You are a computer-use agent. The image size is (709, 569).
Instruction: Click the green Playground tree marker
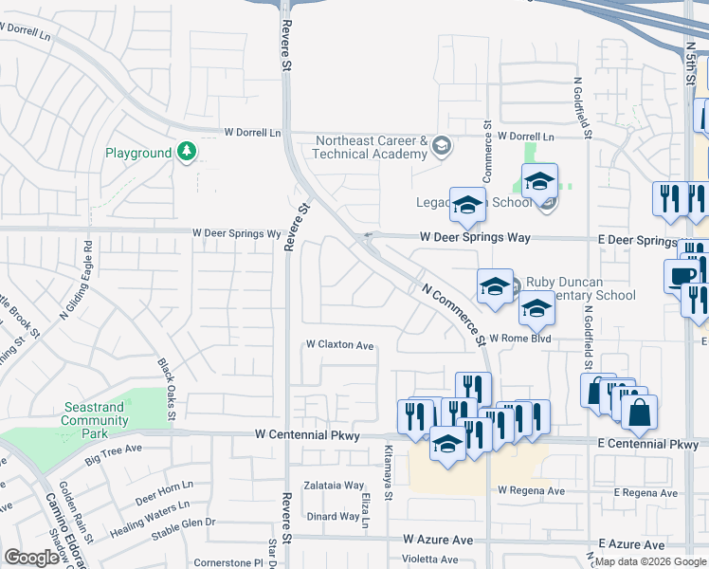click(188, 152)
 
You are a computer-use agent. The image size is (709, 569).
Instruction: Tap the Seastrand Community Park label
click(94, 419)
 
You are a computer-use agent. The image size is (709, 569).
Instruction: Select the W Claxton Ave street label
click(339, 345)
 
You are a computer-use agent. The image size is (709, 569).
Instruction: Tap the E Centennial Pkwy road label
click(647, 444)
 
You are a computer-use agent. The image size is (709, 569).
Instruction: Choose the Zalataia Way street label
click(334, 485)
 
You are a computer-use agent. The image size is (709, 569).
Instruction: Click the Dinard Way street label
click(333, 517)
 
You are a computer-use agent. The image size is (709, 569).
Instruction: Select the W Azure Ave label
click(437, 540)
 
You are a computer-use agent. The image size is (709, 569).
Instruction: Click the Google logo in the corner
click(31, 558)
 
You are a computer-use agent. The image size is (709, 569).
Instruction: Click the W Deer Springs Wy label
click(237, 232)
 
